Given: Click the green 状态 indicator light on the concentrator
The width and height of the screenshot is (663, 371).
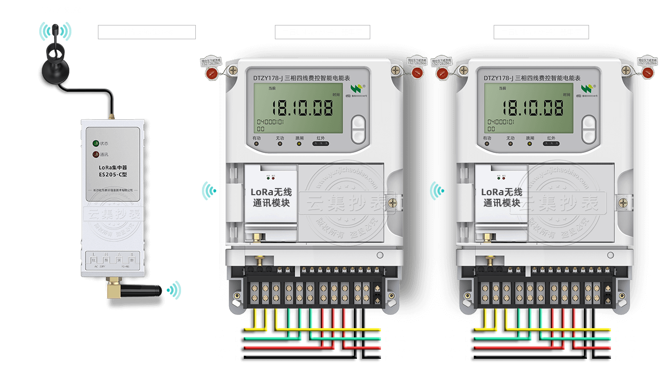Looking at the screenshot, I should point(95,144).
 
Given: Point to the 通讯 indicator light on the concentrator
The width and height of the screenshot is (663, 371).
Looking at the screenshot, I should point(95,154).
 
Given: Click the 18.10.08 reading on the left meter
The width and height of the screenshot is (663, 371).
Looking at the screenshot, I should point(302,108).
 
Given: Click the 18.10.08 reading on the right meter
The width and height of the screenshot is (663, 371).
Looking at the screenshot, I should point(532,108).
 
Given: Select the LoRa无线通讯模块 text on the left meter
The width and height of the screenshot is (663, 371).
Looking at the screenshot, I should point(271,197).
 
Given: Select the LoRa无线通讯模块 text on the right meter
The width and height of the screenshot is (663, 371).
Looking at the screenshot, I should point(502,197).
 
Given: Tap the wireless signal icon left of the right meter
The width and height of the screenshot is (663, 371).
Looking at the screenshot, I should point(437,191).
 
